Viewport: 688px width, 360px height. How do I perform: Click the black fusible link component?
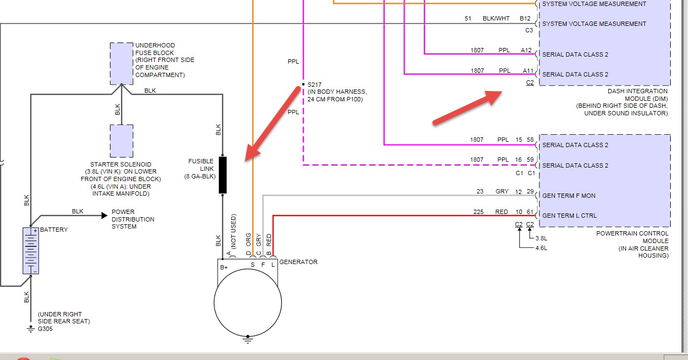point(223,175)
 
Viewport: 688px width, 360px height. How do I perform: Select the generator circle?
point(247,302)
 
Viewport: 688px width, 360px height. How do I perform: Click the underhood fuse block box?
point(121,64)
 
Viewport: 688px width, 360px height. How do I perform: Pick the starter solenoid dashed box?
point(121,141)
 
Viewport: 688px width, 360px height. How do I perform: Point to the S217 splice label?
point(313,85)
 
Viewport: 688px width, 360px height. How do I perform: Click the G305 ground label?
point(45,329)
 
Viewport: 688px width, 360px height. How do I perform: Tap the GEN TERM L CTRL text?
point(569,216)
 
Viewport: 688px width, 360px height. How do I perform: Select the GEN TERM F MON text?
point(568,196)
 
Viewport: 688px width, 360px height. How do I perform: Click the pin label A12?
point(526,51)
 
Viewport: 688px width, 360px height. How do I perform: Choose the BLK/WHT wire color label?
point(496,19)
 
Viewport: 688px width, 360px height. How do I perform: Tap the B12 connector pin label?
point(525,19)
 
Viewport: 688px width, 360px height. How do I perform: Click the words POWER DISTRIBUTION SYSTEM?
point(133,219)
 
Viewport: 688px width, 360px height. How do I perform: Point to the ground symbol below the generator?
point(247,340)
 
